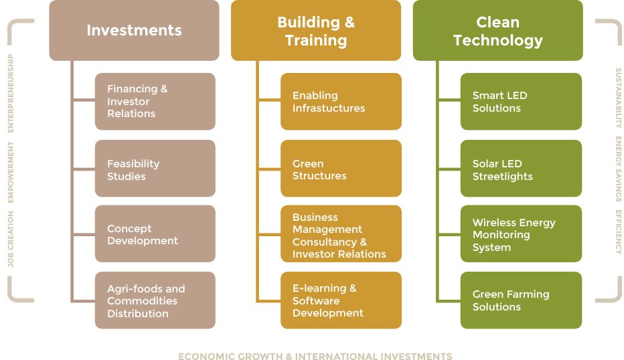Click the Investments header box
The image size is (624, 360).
pos(134,30)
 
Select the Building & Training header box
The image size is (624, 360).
pos(316,30)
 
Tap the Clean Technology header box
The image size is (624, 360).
pos(498,30)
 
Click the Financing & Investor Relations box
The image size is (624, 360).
pos(155,102)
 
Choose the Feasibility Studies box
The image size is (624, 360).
pos(155,168)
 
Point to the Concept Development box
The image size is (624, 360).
pos(155,234)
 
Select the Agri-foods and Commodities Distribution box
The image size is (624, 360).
pos(155,300)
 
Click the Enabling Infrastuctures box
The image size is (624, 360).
pos(341,102)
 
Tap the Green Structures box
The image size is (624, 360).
pos(341,168)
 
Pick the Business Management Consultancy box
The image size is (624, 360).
pos(341,234)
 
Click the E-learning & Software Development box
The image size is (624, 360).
pos(341,300)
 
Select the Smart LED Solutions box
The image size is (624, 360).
pos(521,102)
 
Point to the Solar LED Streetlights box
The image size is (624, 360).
pos(521,168)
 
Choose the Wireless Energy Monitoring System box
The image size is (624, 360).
pos(521,234)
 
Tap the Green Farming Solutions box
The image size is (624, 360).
pos(521,300)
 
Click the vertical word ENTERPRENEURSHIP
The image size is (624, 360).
pos(11,94)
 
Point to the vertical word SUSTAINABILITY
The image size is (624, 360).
pos(619,98)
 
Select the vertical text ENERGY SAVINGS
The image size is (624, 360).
pos(619,169)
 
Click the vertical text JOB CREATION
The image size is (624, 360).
pos(11,239)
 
